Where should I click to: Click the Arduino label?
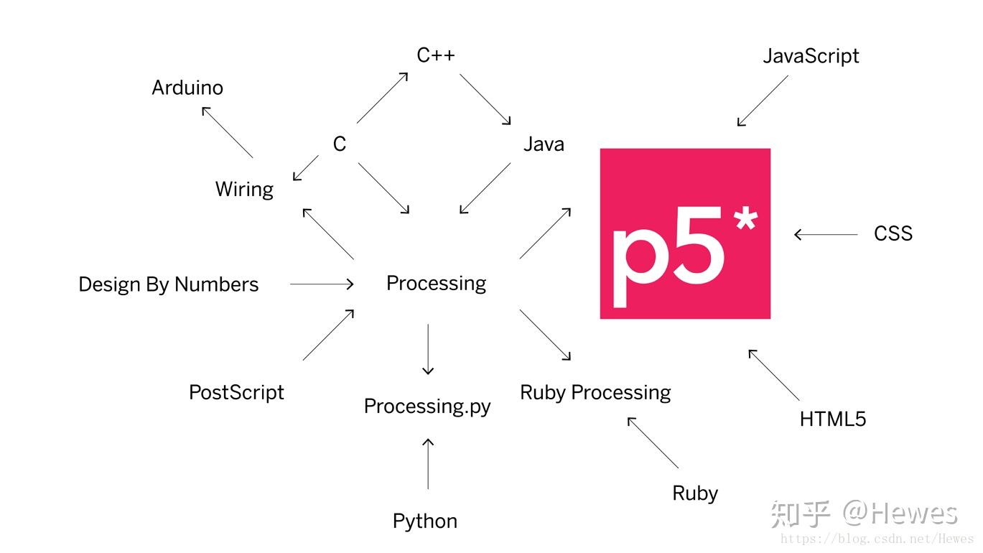point(187,88)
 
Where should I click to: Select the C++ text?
point(436,55)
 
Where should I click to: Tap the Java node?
point(544,144)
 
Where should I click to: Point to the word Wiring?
point(244,190)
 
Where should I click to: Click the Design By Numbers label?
point(168,284)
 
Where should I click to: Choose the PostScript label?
point(236,392)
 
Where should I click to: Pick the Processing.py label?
point(427,406)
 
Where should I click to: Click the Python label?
point(425,521)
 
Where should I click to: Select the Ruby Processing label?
point(595,392)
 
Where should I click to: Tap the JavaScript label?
point(811,56)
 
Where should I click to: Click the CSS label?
point(893,233)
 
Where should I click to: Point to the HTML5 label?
point(833,419)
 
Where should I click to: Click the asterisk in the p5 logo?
point(745,218)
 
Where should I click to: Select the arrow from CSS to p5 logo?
point(826,234)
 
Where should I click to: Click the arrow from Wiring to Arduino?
point(227,132)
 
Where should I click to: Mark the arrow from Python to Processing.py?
point(428,463)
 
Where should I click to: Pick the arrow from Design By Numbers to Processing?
point(322,284)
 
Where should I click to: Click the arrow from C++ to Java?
point(485,99)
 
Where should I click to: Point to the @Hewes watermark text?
point(900,513)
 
